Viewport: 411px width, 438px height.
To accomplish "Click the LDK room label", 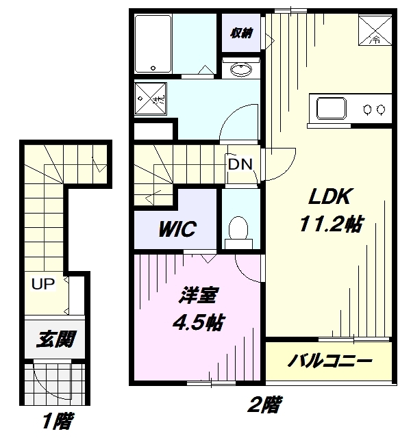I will coord(329,198).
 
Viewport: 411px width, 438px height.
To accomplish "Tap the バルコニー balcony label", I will coord(329,361).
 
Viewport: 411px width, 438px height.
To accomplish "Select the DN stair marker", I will coord(239,165).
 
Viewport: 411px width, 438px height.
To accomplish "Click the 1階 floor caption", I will coord(55,420).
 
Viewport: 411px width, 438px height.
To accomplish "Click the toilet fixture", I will coord(238,229).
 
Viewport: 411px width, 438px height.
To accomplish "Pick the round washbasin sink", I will coord(241,69).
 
